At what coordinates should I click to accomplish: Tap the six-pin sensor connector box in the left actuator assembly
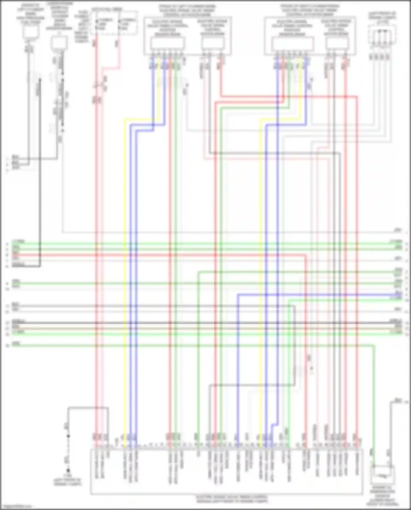pos(167,43)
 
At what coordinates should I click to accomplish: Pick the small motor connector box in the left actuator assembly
pos(212,43)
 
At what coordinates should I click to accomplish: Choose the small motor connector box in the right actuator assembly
pos(337,43)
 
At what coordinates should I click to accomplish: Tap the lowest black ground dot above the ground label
pos(68,470)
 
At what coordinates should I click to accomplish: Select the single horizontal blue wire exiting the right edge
pos(315,295)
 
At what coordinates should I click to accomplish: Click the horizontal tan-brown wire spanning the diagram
pos(206,328)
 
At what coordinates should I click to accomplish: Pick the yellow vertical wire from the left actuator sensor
pos(125,274)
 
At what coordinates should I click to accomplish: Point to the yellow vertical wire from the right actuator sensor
pos(261,274)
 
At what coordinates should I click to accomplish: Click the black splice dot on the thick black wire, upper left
pos(40,80)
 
